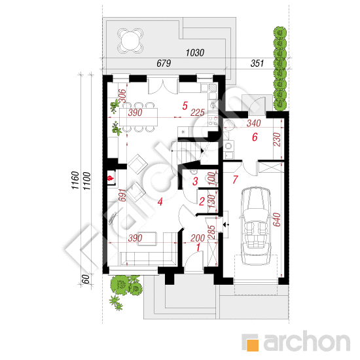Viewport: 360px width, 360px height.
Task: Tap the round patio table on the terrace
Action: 130,41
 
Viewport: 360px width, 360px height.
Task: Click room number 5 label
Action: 185,106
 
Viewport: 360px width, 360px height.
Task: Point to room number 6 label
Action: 255,137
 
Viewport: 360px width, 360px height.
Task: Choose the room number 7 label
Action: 235,180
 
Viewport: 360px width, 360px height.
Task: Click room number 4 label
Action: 160,202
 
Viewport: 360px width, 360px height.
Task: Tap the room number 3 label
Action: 195,181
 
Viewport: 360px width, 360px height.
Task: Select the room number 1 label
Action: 198,247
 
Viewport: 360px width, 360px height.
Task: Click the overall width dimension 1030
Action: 194,53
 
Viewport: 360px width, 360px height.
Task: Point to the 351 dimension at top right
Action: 257,63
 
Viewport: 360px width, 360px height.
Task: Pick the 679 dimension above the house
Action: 164,63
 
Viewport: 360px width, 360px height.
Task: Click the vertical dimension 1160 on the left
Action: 75,180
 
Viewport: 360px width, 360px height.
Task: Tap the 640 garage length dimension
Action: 277,220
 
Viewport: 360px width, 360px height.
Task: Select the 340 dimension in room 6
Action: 254,123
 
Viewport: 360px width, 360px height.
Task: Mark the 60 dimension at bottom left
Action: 86,279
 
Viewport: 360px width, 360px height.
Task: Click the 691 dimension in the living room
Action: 122,195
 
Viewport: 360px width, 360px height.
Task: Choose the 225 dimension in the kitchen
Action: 198,113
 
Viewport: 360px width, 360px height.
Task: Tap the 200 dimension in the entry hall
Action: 198,238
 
